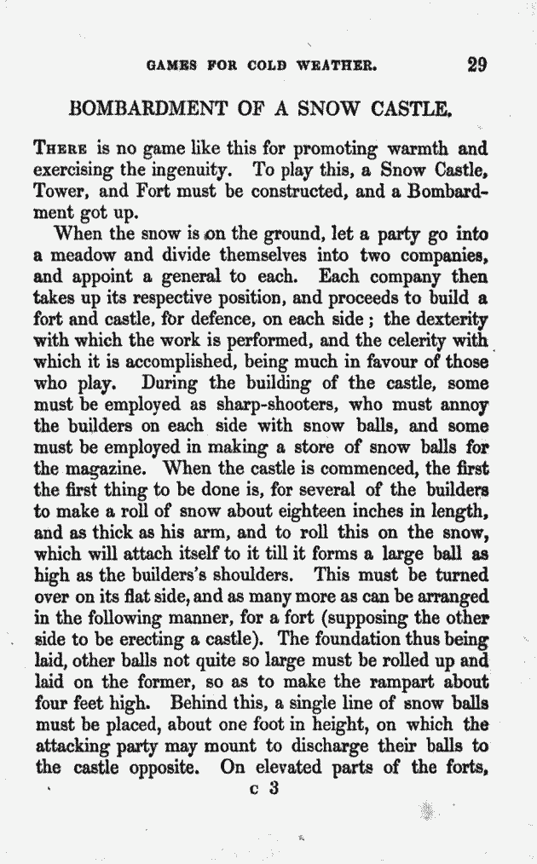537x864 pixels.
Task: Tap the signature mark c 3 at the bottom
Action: (265, 788)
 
